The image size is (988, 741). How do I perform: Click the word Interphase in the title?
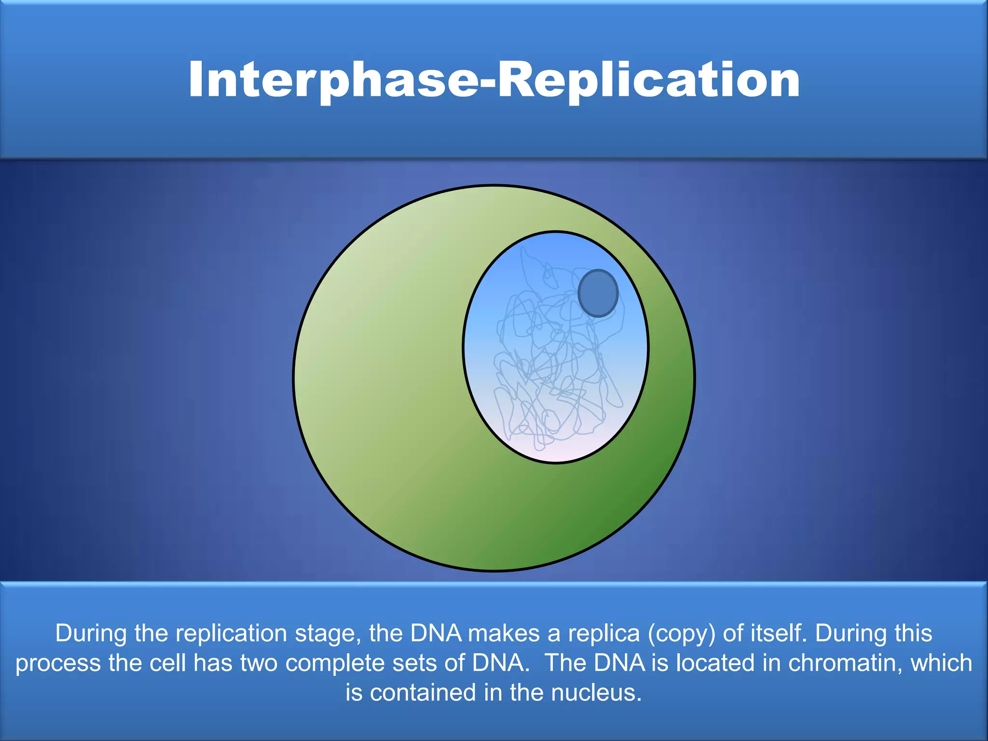point(333,80)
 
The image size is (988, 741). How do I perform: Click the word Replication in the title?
point(649,80)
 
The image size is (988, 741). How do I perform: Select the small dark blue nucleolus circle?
point(598,293)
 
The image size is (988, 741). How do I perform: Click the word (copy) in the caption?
point(682,634)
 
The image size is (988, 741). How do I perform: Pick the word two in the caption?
point(259,663)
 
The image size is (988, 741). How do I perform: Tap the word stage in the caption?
point(328,634)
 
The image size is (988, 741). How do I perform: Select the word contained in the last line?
point(423,693)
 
